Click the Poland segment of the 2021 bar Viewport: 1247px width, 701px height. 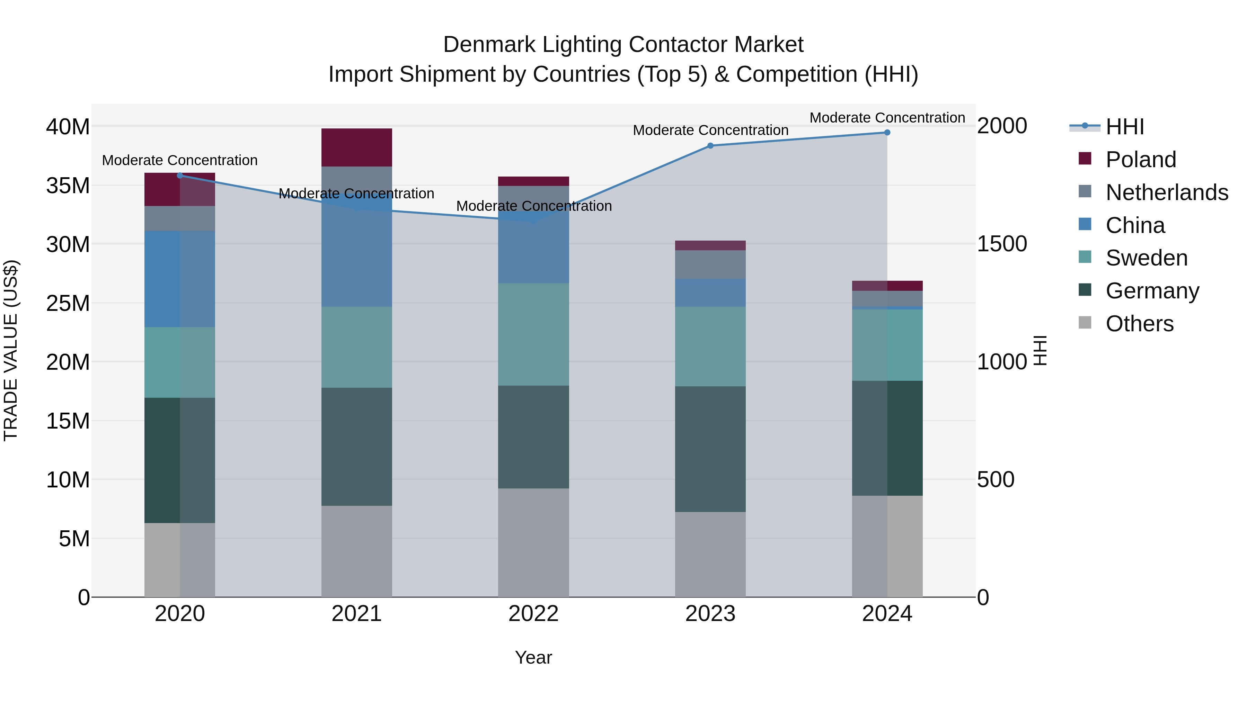tap(356, 147)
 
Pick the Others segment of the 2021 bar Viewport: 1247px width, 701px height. tap(356, 551)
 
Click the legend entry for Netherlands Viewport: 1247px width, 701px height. tap(1167, 192)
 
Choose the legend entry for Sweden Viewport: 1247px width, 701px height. tap(1146, 258)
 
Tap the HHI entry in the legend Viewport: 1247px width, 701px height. tap(1124, 127)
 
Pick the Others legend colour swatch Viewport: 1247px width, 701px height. tap(1085, 323)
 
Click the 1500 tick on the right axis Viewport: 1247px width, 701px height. tap(1001, 244)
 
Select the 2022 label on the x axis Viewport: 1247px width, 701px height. tap(533, 614)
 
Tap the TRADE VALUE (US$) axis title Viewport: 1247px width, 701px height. tap(11, 350)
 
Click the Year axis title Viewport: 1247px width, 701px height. tap(533, 657)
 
